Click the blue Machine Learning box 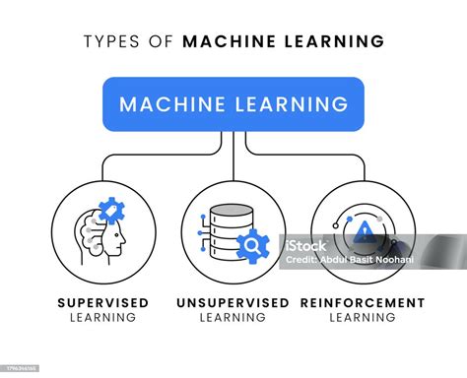click(233, 103)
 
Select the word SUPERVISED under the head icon click(103, 302)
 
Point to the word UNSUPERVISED click(233, 302)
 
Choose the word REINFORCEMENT click(363, 302)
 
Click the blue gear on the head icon click(110, 212)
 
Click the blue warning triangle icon click(366, 231)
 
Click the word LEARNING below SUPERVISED click(103, 318)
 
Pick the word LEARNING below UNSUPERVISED click(233, 318)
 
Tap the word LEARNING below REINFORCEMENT click(363, 318)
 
